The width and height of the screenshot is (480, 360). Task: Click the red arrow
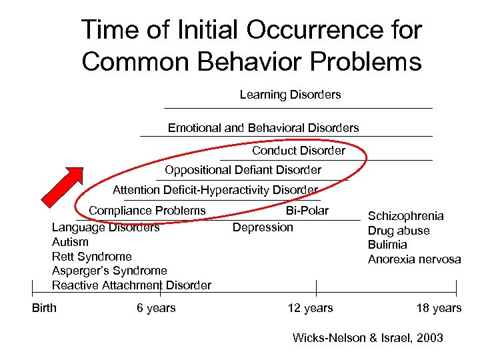click(x=63, y=187)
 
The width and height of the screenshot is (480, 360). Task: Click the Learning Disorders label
click(x=290, y=95)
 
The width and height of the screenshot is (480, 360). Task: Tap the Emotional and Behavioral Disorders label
click(x=263, y=127)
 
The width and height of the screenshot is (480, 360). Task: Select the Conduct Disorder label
click(x=299, y=151)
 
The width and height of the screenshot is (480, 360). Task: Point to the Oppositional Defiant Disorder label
click(x=243, y=170)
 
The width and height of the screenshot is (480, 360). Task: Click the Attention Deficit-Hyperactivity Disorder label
click(x=215, y=190)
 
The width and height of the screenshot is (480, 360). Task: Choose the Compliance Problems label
click(x=147, y=211)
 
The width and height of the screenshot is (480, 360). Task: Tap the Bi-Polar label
click(x=307, y=211)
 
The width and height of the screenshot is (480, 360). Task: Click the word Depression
click(x=263, y=227)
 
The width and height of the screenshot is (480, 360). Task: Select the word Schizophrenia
click(x=406, y=216)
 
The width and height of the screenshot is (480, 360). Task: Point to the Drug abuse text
click(x=399, y=231)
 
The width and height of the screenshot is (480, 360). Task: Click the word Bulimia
click(x=387, y=245)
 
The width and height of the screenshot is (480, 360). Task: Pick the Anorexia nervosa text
click(x=414, y=259)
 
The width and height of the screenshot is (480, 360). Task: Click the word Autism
click(x=70, y=242)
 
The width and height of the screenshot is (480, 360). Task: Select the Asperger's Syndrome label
click(x=109, y=271)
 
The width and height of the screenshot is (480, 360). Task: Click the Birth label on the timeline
click(x=45, y=307)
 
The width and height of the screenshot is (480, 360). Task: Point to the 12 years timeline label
click(x=310, y=307)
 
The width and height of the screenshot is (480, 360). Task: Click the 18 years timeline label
click(x=438, y=307)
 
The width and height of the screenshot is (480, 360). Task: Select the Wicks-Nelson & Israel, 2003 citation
click(x=368, y=338)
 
